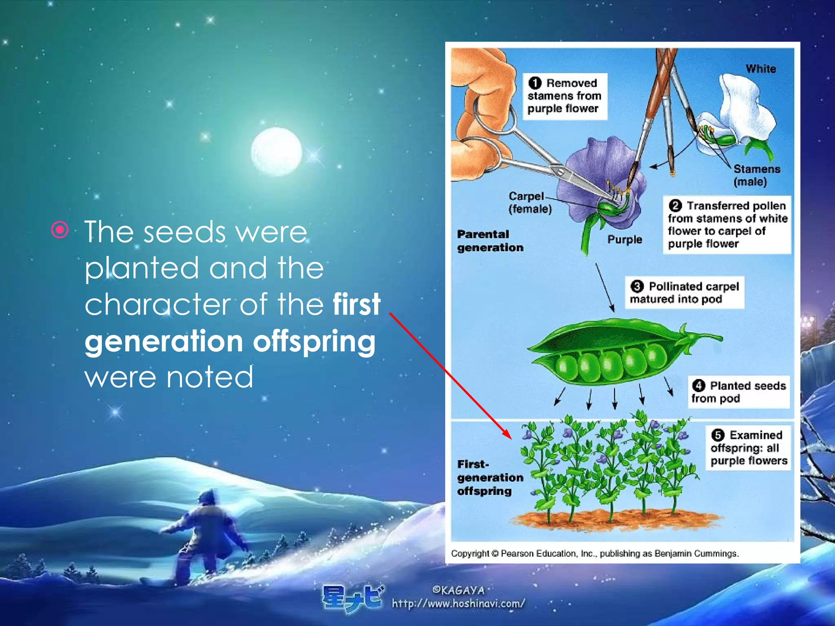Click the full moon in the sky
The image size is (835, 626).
point(276,152)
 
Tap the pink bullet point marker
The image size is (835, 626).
point(60,230)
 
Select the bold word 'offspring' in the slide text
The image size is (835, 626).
point(314,342)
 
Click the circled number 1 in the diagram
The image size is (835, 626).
point(535,83)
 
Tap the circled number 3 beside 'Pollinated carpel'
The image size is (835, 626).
point(637,286)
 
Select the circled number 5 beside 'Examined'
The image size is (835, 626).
point(718,435)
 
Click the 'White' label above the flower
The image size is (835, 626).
point(761,69)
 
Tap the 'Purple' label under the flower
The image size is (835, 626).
point(625,239)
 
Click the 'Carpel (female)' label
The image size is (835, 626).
point(530,203)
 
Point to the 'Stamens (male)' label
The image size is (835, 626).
point(756,175)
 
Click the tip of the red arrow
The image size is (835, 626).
point(511,438)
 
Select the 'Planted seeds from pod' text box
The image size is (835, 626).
point(739,392)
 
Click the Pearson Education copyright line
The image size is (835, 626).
point(594,553)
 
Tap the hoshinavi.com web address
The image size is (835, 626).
point(458,603)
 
